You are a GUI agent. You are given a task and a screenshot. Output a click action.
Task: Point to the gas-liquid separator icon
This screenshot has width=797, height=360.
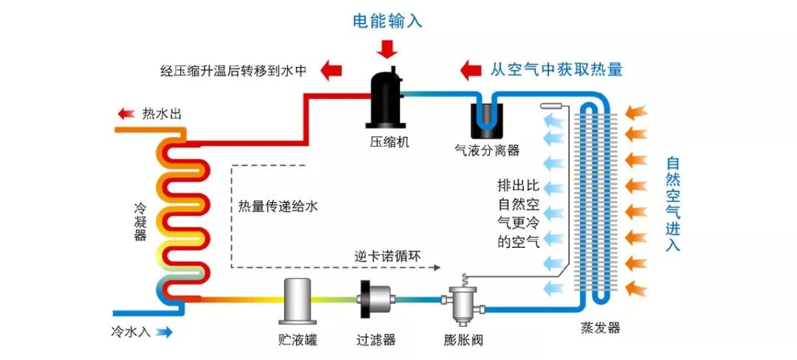pyautogui.click(x=487, y=118)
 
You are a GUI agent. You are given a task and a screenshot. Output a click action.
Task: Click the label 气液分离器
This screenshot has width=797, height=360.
pyautogui.click(x=487, y=150)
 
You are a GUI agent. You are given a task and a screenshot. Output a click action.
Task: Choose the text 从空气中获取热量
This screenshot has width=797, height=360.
pyautogui.click(x=556, y=70)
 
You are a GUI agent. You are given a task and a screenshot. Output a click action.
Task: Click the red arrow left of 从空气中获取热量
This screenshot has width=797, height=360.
pyautogui.click(x=471, y=70)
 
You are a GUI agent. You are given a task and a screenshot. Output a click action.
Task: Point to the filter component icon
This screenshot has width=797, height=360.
pyautogui.click(x=376, y=300)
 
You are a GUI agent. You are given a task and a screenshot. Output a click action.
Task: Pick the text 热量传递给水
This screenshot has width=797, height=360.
pyautogui.click(x=278, y=207)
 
